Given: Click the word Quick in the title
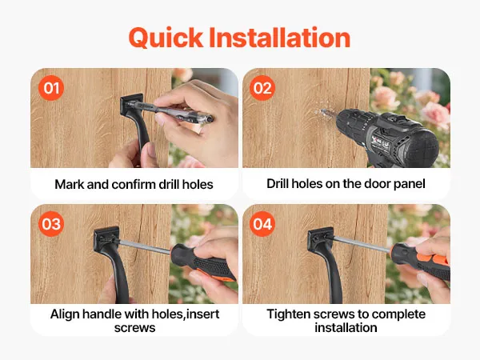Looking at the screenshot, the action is click(166, 38).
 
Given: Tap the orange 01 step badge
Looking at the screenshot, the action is click(51, 88).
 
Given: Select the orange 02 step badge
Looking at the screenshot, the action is click(262, 88).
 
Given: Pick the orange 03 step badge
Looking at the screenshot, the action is click(51, 224).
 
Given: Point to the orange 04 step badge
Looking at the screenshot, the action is click(262, 224).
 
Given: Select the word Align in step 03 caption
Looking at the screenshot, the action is click(65, 314).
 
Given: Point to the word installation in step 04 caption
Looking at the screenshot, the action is click(346, 327).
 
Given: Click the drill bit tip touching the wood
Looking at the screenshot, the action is click(322, 111).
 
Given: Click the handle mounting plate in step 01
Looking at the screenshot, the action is click(131, 104).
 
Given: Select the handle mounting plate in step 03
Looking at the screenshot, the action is click(106, 239).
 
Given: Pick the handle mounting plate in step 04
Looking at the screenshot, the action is click(319, 239).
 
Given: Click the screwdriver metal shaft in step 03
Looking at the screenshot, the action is click(145, 246).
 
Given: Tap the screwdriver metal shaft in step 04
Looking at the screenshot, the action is click(362, 244).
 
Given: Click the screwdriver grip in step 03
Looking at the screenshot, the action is click(203, 262).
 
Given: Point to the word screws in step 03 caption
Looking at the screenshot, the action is click(134, 328).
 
